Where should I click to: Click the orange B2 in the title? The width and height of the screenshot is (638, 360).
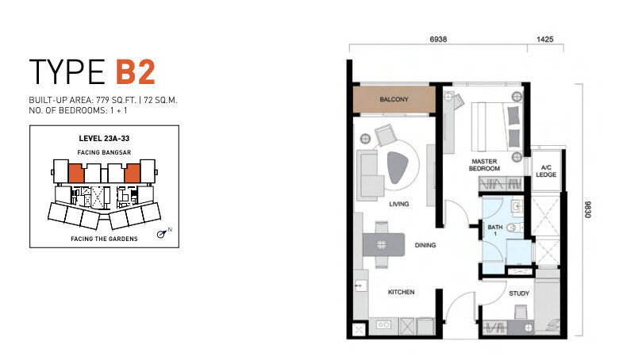pyautogui.click(x=136, y=72)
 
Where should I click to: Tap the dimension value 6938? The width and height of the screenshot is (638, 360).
pyautogui.click(x=438, y=39)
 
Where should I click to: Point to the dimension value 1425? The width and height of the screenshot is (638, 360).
pyautogui.click(x=545, y=39)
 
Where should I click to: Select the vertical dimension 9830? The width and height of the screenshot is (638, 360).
pyautogui.click(x=587, y=209)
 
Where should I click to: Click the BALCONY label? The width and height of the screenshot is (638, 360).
pyautogui.click(x=394, y=99)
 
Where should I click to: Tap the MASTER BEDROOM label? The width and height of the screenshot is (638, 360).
pyautogui.click(x=484, y=165)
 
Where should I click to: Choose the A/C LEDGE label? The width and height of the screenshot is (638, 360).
pyautogui.click(x=546, y=170)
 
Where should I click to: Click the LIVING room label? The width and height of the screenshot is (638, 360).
pyautogui.click(x=398, y=204)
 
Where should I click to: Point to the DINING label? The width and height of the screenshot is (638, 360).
pyautogui.click(x=425, y=245)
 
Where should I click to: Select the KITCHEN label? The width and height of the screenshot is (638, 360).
pyautogui.click(x=402, y=292)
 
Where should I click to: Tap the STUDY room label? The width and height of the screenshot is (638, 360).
pyautogui.click(x=519, y=293)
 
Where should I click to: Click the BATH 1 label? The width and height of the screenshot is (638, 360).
pyautogui.click(x=495, y=230)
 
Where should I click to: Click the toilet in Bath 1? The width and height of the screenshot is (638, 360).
pyautogui.click(x=515, y=228)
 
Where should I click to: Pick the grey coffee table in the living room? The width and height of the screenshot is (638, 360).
pyautogui.click(x=398, y=167)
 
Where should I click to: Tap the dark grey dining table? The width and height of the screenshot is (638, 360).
pyautogui.click(x=383, y=244)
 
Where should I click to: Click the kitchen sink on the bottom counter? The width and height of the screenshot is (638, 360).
pyautogui.click(x=384, y=324)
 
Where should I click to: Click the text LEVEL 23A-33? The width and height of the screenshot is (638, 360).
pyautogui.click(x=104, y=138)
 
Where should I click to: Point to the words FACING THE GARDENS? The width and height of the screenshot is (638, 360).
pyautogui.click(x=104, y=239)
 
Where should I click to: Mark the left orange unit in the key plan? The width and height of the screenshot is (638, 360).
pyautogui.click(x=76, y=174)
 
